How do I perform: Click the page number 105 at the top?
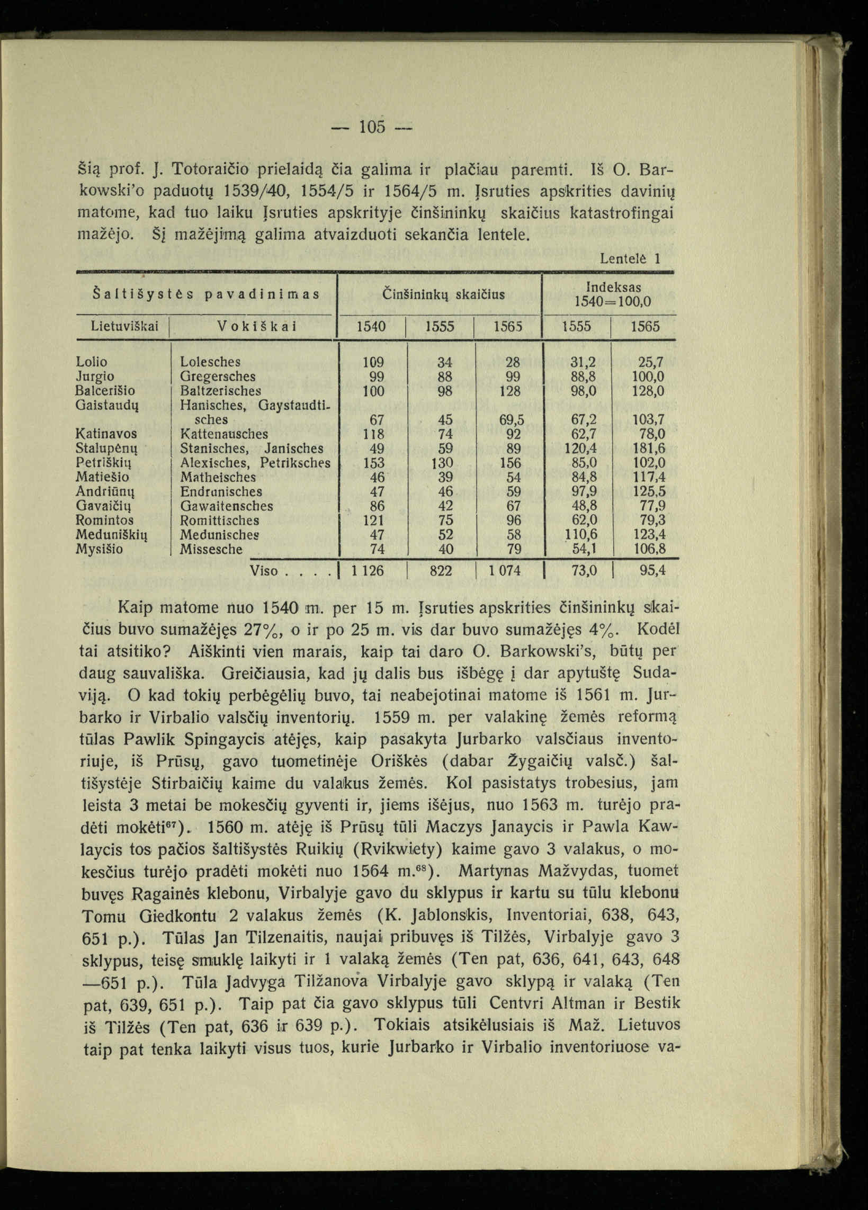click(372, 128)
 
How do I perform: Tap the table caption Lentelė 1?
click(630, 259)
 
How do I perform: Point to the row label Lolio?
click(91, 362)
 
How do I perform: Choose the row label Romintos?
click(105, 520)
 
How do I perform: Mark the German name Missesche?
click(211, 549)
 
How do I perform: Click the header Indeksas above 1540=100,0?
click(613, 287)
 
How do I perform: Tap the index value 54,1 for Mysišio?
click(584, 549)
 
